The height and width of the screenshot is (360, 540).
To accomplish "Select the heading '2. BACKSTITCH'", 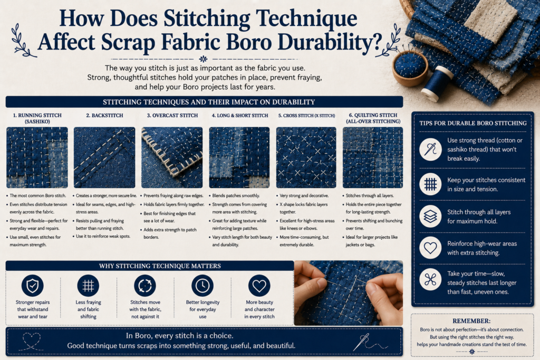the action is click(x=104, y=115).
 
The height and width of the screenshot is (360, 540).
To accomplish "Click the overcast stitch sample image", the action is click(x=172, y=157).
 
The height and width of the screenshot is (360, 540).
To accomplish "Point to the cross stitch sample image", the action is click(x=306, y=157).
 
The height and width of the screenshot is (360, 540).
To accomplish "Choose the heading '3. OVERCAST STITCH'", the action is click(x=172, y=115).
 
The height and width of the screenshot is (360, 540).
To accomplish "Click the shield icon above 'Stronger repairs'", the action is click(x=32, y=286).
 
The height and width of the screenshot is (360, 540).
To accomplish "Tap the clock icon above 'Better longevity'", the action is click(x=202, y=286).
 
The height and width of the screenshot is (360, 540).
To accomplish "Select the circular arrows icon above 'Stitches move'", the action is click(x=145, y=286).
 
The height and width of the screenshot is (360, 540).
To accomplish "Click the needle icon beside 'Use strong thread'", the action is click(x=430, y=149).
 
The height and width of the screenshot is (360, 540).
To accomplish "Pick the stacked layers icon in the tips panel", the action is click(x=430, y=217).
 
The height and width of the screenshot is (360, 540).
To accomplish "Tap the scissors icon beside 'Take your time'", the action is click(x=430, y=279).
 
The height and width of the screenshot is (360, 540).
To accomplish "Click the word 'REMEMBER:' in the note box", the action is click(x=471, y=321).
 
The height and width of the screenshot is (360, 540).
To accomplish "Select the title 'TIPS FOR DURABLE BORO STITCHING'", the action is click(x=473, y=123).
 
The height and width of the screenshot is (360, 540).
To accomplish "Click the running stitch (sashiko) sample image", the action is click(x=37, y=157).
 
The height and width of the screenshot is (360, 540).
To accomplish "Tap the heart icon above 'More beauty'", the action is click(x=259, y=286).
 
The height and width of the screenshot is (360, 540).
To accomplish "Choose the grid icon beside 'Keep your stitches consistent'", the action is click(x=430, y=184).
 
